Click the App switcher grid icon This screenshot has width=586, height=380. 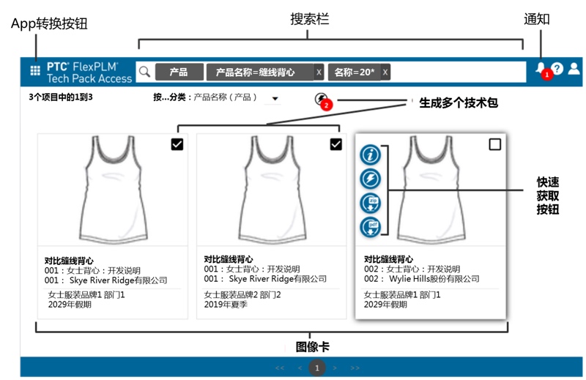coord(35,70)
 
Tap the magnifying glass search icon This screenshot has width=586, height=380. coord(144,71)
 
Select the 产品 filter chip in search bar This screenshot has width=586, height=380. coord(179,72)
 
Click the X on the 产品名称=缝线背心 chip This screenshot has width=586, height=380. coord(319,72)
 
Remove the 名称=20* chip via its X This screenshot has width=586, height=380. coord(385,72)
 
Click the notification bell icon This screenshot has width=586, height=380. coord(541,67)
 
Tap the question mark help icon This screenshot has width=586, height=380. coord(557,68)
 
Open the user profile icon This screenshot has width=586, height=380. coord(574,68)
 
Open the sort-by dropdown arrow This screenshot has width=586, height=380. coord(275,99)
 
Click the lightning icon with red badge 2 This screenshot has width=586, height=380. coord(321,99)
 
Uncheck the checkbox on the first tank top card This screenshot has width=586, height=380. coord(177,144)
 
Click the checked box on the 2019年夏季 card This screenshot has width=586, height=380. coord(336,144)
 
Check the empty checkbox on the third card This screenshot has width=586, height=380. coord(495,144)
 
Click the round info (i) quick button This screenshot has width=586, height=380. coord(371,154)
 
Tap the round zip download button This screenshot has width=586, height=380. coord(371,204)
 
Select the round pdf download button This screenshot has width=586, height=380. coord(371,227)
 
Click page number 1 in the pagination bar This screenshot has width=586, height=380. coord(317,368)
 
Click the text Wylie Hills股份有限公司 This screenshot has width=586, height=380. coord(434,279)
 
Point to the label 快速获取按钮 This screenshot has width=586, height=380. coord(548,195)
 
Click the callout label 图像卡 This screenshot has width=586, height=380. coord(313,347)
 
